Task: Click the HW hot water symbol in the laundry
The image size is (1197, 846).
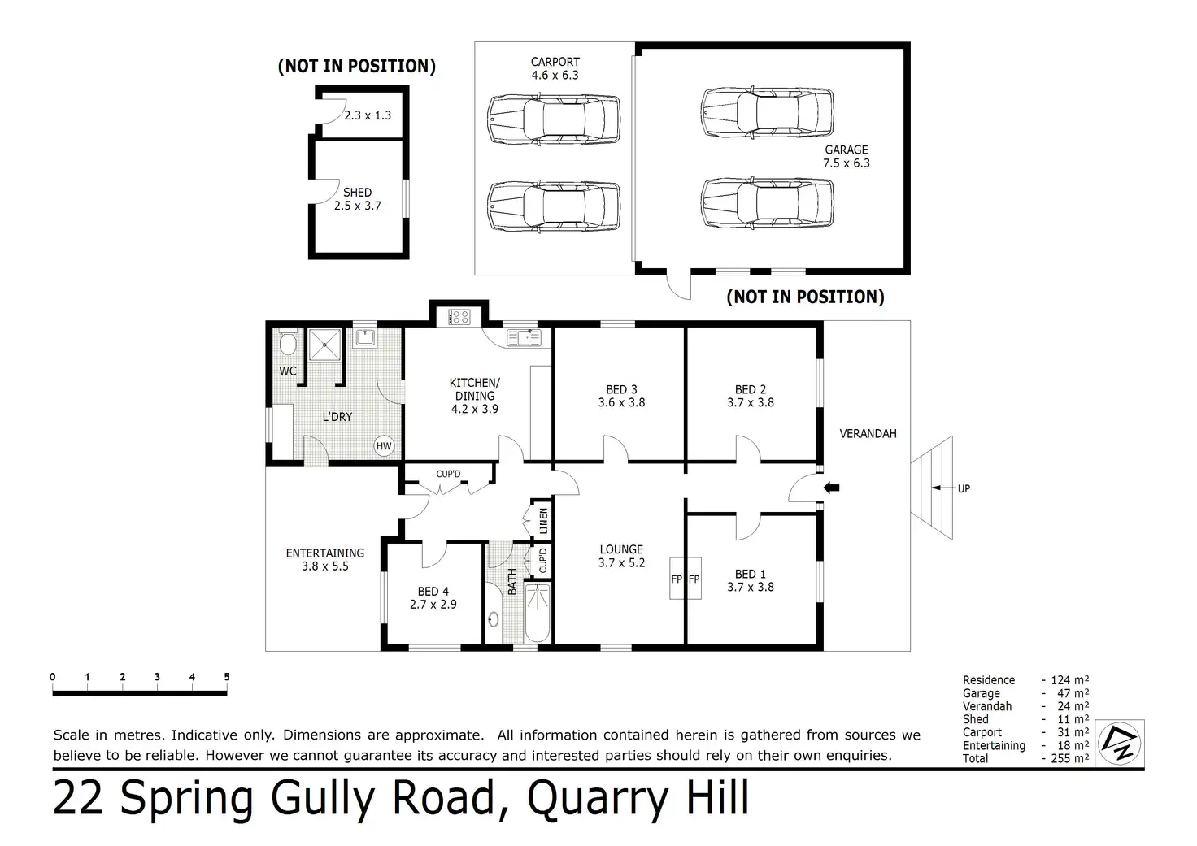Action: (384, 445)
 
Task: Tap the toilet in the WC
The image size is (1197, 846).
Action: (287, 345)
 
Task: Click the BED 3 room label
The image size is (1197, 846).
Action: (621, 396)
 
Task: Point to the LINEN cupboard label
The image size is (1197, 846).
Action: (543, 520)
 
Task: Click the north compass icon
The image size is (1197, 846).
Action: (1119, 743)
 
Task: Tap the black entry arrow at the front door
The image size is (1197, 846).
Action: (831, 488)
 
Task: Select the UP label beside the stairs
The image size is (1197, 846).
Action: (964, 488)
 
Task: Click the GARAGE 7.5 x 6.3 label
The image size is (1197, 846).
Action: (847, 156)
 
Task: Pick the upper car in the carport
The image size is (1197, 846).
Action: (554, 119)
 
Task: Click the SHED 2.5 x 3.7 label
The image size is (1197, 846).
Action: (357, 199)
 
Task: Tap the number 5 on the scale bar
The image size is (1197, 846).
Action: (227, 677)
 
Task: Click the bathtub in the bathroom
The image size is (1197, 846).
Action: (538, 613)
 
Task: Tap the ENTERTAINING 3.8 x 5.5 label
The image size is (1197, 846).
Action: (324, 560)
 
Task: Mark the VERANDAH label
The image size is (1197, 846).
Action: (868, 433)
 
